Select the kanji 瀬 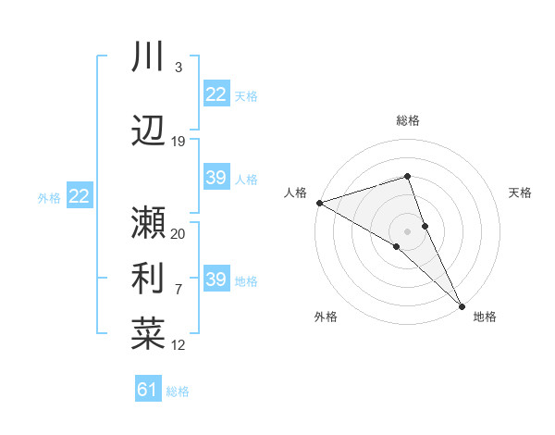pyautogui.click(x=148, y=222)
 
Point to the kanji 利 pyautogui.click(x=148, y=278)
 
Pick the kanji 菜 pyautogui.click(x=148, y=333)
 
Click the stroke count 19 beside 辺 pyautogui.click(x=179, y=141)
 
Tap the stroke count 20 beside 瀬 pyautogui.click(x=179, y=233)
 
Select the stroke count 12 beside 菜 pyautogui.click(x=179, y=345)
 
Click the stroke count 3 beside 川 pyautogui.click(x=178, y=68)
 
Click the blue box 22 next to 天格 pyautogui.click(x=216, y=94)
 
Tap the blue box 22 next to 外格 pyautogui.click(x=80, y=196)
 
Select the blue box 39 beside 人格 pyautogui.click(x=216, y=178)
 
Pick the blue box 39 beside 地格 pyautogui.click(x=216, y=280)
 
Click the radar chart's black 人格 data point pyautogui.click(x=319, y=203)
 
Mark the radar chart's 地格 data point pyautogui.click(x=461, y=304)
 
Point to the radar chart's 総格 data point pyautogui.click(x=407, y=176)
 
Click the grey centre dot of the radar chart pyautogui.click(x=407, y=230)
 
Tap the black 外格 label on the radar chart pyautogui.click(x=326, y=317)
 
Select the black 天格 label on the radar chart pyautogui.click(x=520, y=193)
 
